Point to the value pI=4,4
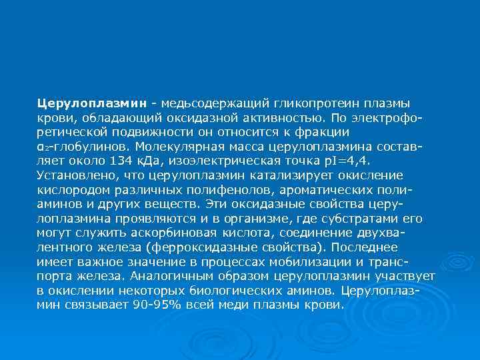click(x=345, y=161)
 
